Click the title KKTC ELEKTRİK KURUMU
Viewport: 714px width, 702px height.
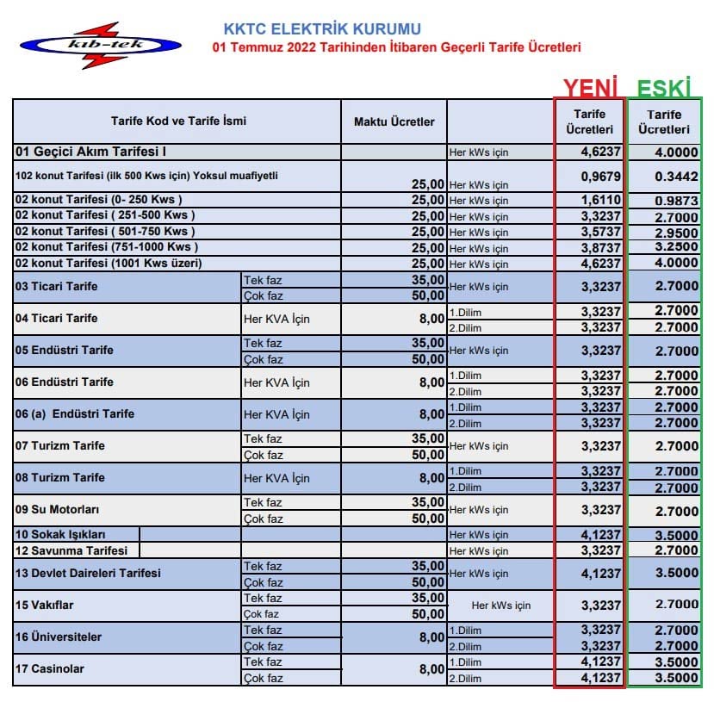click(x=322, y=29)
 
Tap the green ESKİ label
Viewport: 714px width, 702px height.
click(x=664, y=87)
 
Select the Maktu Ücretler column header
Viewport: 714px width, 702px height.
click(x=394, y=121)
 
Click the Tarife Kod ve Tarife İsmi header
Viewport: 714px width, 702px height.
click(x=178, y=121)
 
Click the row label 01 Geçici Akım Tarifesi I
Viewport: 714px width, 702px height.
click(x=90, y=152)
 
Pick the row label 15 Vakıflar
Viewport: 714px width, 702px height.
click(x=45, y=605)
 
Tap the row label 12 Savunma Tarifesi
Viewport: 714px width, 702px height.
click(x=72, y=550)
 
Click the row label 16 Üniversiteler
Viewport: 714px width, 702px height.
click(x=59, y=637)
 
